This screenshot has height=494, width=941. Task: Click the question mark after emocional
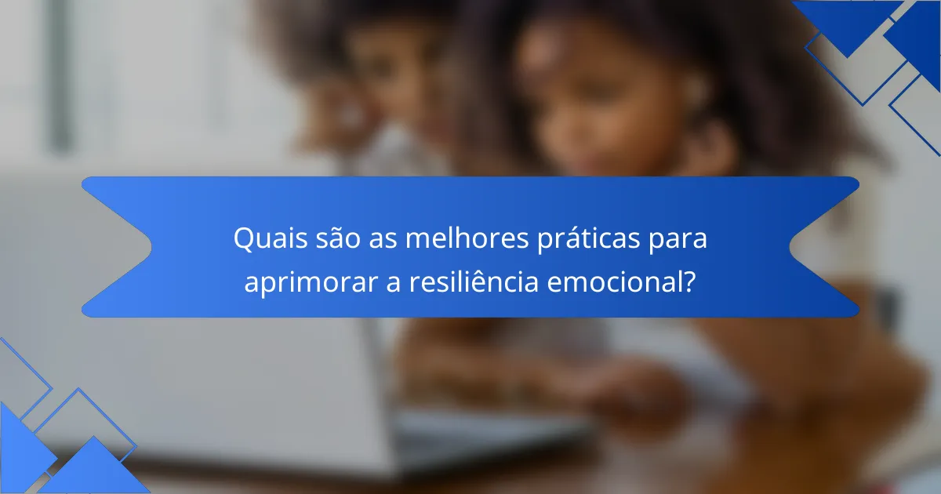click(x=688, y=282)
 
